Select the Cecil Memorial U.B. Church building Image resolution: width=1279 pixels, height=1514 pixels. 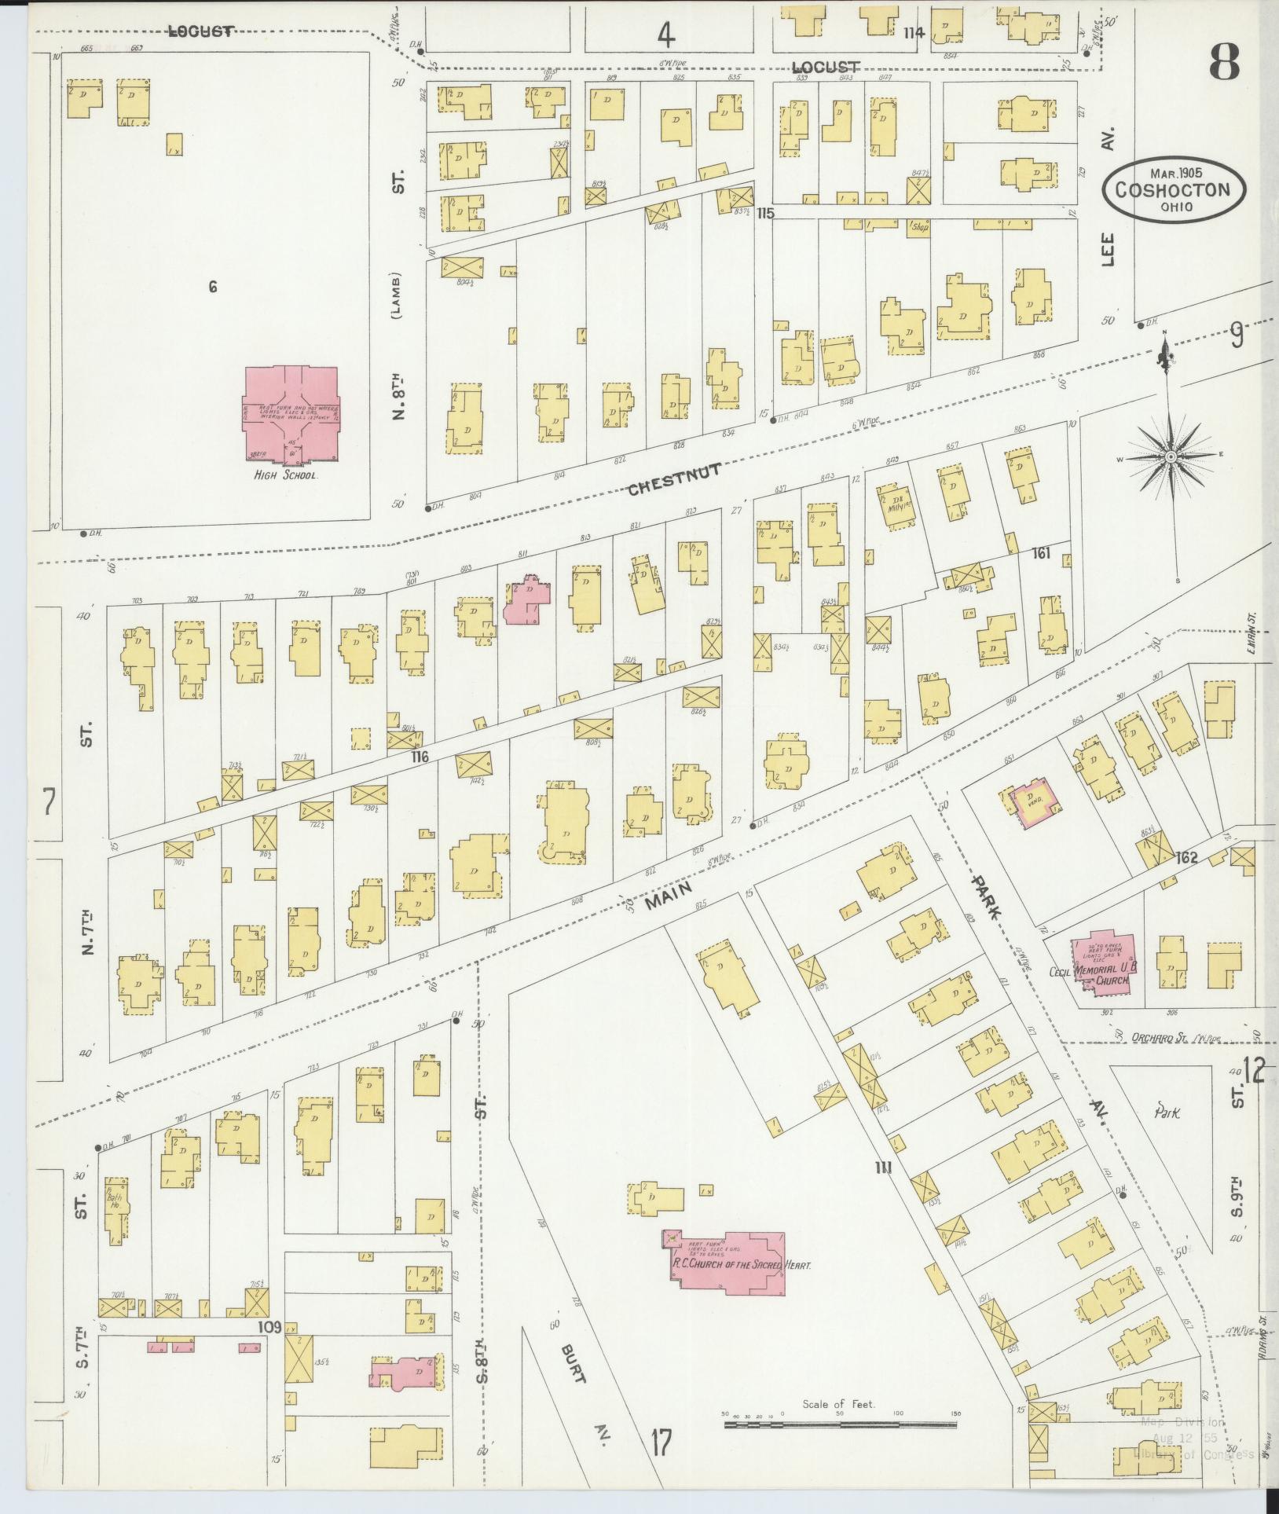(x=1104, y=963)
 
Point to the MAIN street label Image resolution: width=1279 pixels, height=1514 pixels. (x=668, y=894)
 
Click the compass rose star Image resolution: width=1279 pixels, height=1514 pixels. (x=1171, y=456)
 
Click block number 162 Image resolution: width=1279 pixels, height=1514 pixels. (x=1186, y=857)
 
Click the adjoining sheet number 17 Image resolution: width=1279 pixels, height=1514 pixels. (x=661, y=1443)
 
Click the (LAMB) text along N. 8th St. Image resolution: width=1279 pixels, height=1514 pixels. (x=398, y=296)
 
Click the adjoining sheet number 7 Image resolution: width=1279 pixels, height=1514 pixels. (x=49, y=801)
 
